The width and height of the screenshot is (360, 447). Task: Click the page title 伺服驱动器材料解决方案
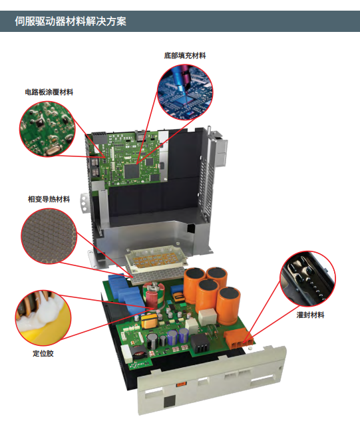(x=70, y=21)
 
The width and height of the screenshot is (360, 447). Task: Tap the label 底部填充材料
(x=185, y=56)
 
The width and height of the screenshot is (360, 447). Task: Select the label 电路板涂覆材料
(x=49, y=92)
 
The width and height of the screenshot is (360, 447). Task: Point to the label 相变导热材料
(x=49, y=200)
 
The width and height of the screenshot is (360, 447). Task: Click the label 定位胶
(x=43, y=353)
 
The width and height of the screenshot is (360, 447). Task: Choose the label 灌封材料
(x=310, y=315)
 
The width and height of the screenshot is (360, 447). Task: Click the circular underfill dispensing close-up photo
(x=185, y=92)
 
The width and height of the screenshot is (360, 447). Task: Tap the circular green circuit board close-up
(x=48, y=128)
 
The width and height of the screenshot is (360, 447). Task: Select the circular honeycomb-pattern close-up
(x=49, y=236)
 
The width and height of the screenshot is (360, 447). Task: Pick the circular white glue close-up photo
(x=43, y=318)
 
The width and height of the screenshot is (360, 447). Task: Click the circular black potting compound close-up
(x=308, y=279)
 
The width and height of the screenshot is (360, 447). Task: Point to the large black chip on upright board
(x=132, y=171)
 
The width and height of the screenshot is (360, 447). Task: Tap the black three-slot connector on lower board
(x=200, y=343)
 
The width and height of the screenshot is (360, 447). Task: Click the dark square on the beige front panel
(x=170, y=401)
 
